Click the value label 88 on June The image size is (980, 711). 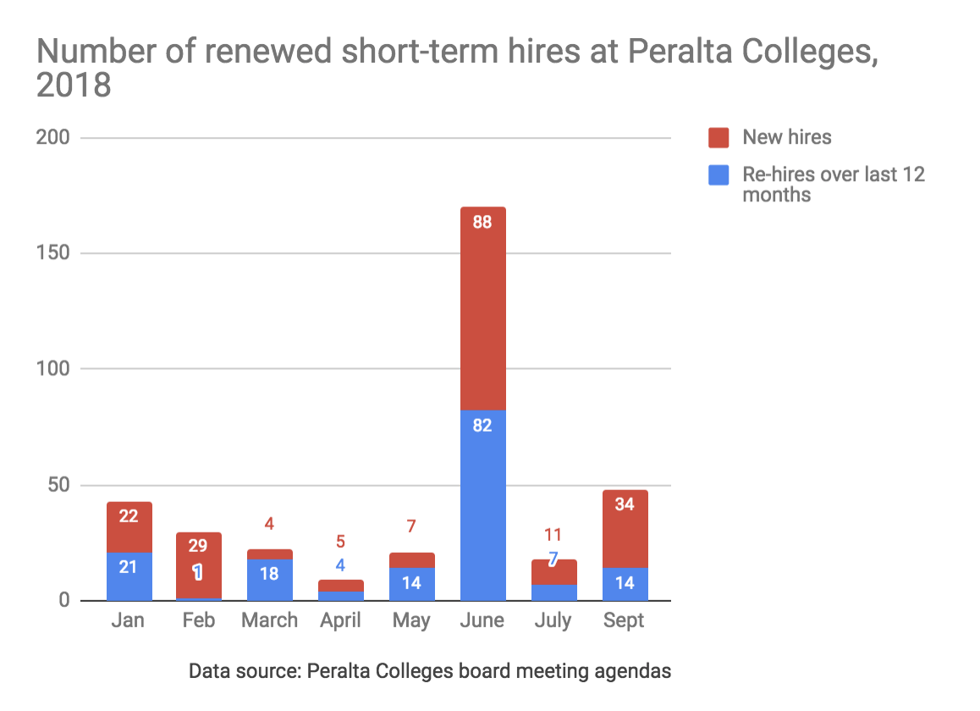coord(483,223)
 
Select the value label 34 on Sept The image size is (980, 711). coord(625,504)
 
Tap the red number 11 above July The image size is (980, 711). coord(553,535)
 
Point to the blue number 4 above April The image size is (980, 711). coord(339,565)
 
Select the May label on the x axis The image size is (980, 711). coord(411,620)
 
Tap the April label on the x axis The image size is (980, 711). coord(339,620)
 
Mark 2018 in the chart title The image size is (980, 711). coord(74,86)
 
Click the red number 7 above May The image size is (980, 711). coord(411,526)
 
